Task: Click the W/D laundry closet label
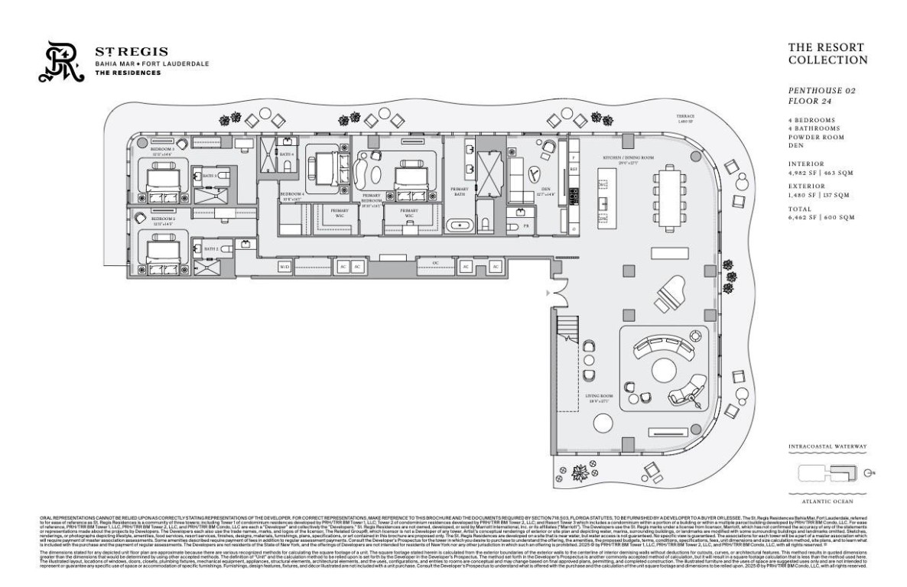click(284, 267)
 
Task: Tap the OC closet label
click(436, 262)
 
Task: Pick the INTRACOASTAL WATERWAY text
click(827, 446)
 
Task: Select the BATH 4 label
click(286, 154)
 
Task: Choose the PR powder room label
click(526, 227)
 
